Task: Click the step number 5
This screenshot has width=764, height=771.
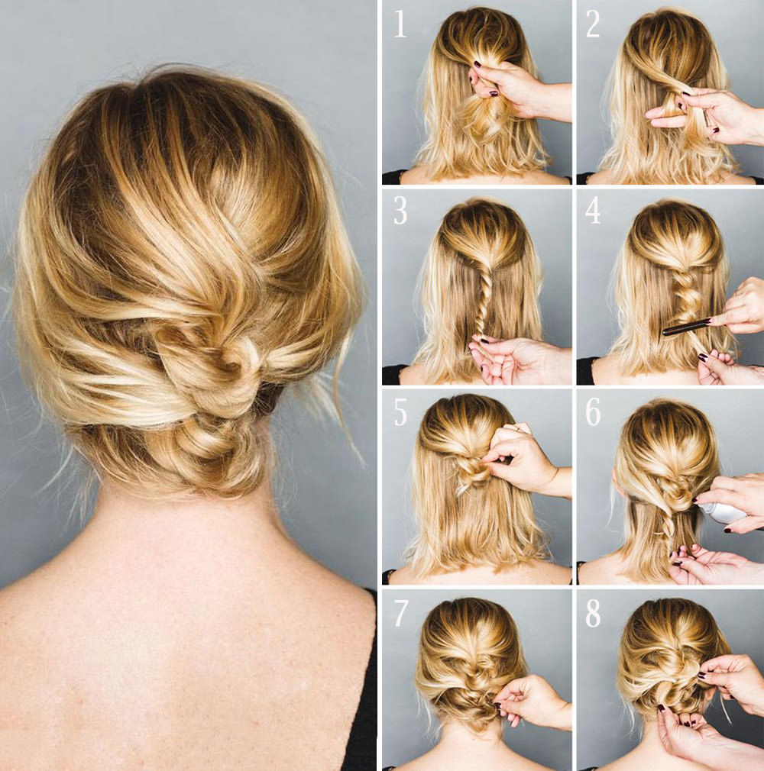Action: pos(400,412)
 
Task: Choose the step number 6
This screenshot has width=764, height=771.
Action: pos(593,412)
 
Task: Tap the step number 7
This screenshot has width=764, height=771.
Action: pos(400,613)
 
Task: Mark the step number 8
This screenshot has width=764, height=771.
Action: pos(593,613)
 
